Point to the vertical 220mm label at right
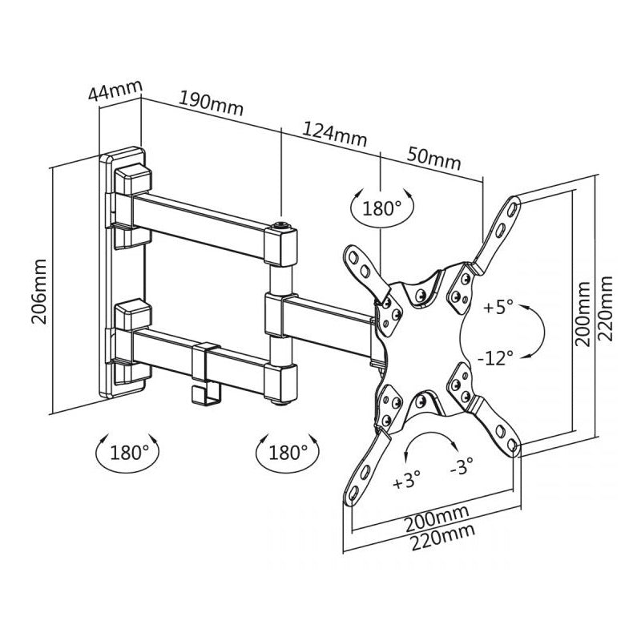(607, 308)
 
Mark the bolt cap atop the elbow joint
(280, 228)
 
